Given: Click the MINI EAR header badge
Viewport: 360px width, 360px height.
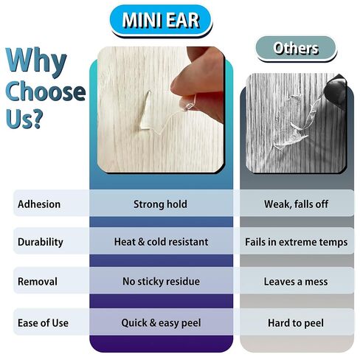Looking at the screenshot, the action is click(161, 21).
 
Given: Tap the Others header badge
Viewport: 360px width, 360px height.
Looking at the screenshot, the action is click(296, 49).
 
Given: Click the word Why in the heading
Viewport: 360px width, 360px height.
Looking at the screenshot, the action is click(36, 60).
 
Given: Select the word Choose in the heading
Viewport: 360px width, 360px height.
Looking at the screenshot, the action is click(45, 91).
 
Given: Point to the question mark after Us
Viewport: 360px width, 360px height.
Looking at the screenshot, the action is click(38, 119).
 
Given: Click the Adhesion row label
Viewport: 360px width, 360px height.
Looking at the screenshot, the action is click(39, 204).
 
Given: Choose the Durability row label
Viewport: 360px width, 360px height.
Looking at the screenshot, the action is click(41, 242).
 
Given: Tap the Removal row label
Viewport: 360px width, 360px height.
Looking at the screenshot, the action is click(38, 282).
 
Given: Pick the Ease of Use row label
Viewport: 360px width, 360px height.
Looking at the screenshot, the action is click(43, 323).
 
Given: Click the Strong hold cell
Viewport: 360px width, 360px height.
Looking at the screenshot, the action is click(160, 204).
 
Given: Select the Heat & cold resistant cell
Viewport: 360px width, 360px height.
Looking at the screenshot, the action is click(161, 242).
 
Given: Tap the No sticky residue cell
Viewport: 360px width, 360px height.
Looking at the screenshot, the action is click(161, 281).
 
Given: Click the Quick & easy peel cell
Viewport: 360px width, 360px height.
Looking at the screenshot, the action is click(161, 323).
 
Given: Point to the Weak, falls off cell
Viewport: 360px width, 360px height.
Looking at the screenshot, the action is click(296, 204).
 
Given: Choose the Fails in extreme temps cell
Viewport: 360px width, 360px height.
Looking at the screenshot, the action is click(297, 242).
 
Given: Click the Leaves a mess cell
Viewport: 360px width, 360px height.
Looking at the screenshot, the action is click(296, 282).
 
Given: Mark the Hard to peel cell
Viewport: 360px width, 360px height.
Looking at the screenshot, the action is click(296, 323).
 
